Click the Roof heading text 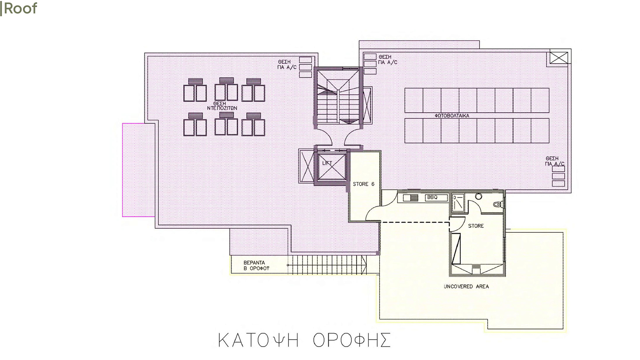tap(19, 8)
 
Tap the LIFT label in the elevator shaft tap(327, 163)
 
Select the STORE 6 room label tap(363, 184)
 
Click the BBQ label tap(432, 197)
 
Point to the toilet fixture tap(498, 204)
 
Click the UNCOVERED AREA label tap(466, 286)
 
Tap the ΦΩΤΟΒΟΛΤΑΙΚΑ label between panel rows tap(452, 116)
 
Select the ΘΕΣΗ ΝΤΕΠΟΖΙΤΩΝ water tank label tap(222, 106)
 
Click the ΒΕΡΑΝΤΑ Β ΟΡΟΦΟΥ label tap(256, 265)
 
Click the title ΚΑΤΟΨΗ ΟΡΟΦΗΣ tap(304, 340)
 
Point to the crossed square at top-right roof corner tap(559, 57)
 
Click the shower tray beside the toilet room tap(458, 203)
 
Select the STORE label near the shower tap(476, 226)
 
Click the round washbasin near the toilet tap(479, 196)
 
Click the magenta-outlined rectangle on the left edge tap(139, 170)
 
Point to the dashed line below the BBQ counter tap(415, 222)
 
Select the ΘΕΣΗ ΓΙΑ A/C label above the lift tap(287, 65)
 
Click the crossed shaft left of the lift tap(307, 166)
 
